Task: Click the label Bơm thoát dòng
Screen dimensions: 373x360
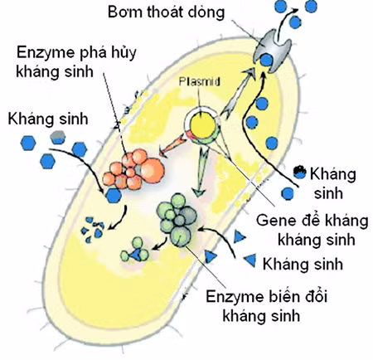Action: [166, 12]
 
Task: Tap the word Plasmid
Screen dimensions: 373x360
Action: [200, 81]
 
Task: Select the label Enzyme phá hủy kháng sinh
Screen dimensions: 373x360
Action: [76, 61]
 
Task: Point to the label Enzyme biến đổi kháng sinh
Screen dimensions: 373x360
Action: [267, 306]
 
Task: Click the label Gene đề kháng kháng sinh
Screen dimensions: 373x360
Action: [312, 230]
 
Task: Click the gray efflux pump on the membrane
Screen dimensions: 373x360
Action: [272, 51]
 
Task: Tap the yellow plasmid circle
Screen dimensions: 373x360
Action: [203, 126]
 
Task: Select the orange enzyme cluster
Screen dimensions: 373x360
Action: [133, 169]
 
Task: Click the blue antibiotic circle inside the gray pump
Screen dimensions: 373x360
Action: [267, 60]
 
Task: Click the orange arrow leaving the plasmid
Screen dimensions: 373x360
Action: [172, 144]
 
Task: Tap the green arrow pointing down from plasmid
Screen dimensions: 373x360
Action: [201, 172]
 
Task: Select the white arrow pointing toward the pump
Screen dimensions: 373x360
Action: [240, 94]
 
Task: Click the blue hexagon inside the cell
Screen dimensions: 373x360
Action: [114, 196]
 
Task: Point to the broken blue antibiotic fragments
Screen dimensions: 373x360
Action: [93, 230]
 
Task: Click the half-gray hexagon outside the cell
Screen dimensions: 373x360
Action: [58, 138]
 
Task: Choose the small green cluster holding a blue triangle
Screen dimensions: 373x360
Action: [135, 251]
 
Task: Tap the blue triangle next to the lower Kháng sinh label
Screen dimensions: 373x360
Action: [250, 260]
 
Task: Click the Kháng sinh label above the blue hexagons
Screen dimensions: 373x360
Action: [48, 119]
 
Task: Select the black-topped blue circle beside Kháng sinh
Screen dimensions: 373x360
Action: [299, 172]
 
